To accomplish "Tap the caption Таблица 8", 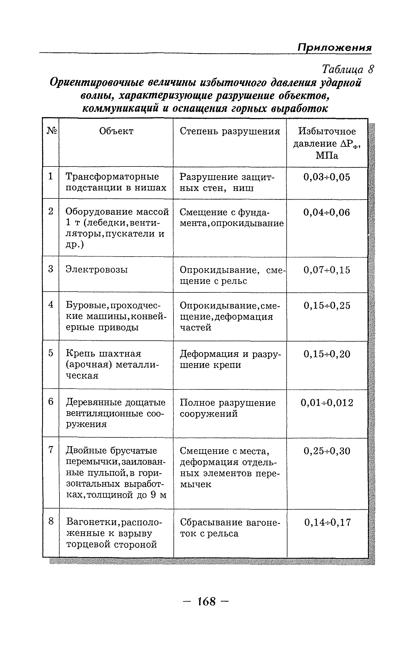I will point(348,69).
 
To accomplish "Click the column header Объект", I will point(116,131).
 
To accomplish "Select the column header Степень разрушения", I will point(230,131).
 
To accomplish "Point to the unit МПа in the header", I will point(327,156).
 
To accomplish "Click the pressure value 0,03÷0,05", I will point(327,177).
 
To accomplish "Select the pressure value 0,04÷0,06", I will point(327,212).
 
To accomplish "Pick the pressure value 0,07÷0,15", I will point(327,270).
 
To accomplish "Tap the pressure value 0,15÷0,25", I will point(327,305).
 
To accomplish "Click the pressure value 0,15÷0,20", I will point(327,354).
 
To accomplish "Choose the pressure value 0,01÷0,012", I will point(327,403).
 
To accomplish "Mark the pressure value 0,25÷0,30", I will point(327,451).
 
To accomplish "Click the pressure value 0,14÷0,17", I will point(327,522).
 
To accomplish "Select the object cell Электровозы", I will point(97,269).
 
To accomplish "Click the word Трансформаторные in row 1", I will point(112,177).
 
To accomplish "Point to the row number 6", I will point(51,402).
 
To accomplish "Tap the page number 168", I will point(206,602).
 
